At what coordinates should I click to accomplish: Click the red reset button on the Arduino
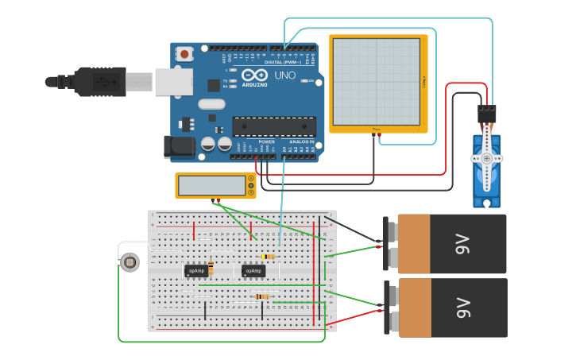(185, 55)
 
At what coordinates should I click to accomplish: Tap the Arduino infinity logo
(259, 73)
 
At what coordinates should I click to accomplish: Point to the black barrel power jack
(179, 145)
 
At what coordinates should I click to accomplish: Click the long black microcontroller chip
(273, 126)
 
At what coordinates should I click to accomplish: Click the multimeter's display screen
(212, 185)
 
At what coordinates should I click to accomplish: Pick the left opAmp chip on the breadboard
(196, 271)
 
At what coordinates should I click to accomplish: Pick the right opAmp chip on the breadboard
(253, 271)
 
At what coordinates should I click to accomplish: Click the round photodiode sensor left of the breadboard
(130, 261)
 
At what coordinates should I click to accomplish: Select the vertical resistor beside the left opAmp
(211, 268)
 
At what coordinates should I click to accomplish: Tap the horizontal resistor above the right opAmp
(268, 257)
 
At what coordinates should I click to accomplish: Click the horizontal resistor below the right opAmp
(261, 296)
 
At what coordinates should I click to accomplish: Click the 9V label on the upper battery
(463, 245)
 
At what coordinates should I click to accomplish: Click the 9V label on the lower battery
(463, 308)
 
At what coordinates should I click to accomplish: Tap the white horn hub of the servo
(485, 158)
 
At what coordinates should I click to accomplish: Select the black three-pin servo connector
(486, 113)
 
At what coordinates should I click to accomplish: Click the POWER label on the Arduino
(266, 142)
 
